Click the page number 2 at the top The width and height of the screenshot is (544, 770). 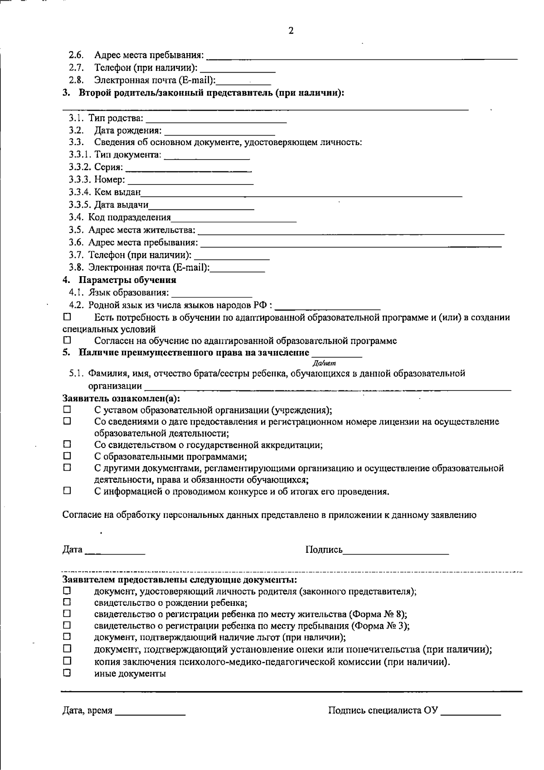(291, 31)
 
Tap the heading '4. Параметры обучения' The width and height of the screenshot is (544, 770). (119, 280)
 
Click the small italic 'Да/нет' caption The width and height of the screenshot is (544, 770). (325, 363)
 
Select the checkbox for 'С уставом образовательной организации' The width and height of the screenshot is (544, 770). (67, 409)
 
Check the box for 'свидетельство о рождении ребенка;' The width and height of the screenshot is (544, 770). (67, 602)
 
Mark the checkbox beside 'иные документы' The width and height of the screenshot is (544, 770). (67, 673)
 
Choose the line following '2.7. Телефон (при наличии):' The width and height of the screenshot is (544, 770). (238, 69)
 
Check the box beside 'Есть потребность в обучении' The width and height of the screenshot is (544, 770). (67, 316)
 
